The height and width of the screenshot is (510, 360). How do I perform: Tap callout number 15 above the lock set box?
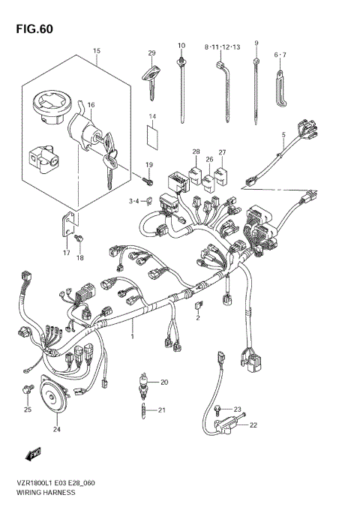(x=96, y=50)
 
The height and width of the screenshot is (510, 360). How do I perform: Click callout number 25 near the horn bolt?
(x=27, y=409)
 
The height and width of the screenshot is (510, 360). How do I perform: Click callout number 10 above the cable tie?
(x=181, y=46)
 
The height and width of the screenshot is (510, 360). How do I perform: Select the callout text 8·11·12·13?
(x=222, y=46)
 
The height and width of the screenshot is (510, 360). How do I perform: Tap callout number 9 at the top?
(x=256, y=43)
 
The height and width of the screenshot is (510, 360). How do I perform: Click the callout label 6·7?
(x=280, y=54)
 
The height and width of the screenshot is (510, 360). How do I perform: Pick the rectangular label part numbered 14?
(x=153, y=137)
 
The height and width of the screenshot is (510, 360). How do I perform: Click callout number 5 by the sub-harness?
(x=283, y=135)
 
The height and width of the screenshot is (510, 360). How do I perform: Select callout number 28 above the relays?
(x=195, y=152)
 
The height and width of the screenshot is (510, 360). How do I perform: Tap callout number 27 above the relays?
(x=222, y=152)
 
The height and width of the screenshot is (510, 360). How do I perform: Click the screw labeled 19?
(x=147, y=178)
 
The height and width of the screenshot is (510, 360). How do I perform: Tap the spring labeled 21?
(x=142, y=410)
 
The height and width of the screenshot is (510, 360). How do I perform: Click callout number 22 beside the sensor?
(x=253, y=425)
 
